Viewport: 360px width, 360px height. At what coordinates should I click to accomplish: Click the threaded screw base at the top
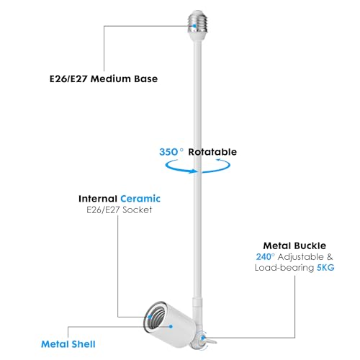click(x=197, y=22)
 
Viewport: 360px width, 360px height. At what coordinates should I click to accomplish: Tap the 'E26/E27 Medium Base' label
click(x=104, y=79)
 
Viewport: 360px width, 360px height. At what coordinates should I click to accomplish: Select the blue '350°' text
click(x=171, y=152)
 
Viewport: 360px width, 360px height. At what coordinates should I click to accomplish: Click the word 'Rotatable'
click(x=212, y=152)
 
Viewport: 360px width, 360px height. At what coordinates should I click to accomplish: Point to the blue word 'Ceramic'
click(x=140, y=199)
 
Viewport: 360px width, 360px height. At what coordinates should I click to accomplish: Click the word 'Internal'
click(x=98, y=199)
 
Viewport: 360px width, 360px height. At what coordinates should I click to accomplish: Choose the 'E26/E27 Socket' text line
click(x=120, y=210)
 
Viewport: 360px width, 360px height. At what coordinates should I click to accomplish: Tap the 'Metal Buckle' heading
click(x=294, y=246)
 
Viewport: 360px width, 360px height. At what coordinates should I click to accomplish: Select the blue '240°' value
click(x=265, y=257)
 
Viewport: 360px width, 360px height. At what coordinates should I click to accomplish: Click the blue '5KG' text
click(x=325, y=268)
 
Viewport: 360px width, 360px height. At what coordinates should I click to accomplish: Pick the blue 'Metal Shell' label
click(x=68, y=344)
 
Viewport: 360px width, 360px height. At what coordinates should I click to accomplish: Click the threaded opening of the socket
click(x=154, y=318)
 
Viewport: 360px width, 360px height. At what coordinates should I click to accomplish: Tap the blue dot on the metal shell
click(x=171, y=326)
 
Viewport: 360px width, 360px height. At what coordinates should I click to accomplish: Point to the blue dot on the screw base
click(x=194, y=26)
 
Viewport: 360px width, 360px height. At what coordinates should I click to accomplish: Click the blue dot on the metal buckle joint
click(x=203, y=338)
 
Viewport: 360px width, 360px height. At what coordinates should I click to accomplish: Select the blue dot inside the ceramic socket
click(x=150, y=317)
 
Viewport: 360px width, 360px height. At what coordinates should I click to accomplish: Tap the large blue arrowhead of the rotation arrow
click(x=193, y=171)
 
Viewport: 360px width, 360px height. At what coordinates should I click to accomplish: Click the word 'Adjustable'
click(x=300, y=257)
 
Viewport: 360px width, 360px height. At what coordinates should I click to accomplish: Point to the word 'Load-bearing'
click(x=284, y=268)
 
